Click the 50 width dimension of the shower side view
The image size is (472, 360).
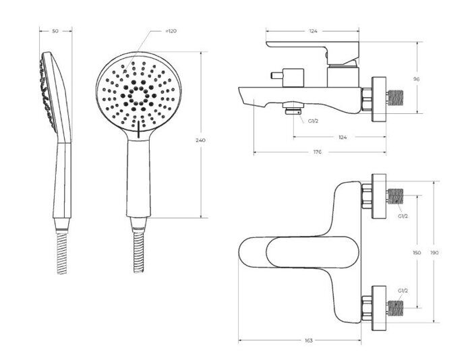(x=55, y=31)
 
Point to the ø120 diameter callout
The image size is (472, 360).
(x=171, y=31)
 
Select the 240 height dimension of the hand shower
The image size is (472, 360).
(x=200, y=140)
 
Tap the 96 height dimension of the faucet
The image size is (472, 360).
(x=417, y=79)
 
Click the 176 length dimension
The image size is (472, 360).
(x=318, y=152)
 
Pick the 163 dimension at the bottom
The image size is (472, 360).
(x=309, y=340)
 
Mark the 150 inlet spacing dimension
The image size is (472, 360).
(x=417, y=253)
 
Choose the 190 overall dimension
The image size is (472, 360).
(x=434, y=253)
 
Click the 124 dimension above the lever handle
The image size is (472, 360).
(x=314, y=31)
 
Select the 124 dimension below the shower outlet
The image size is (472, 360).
(x=343, y=138)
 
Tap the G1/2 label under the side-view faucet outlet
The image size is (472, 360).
(x=313, y=121)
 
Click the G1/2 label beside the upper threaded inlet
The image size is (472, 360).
(x=403, y=216)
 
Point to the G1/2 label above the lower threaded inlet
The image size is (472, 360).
(x=403, y=291)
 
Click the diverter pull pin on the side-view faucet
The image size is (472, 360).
(x=277, y=76)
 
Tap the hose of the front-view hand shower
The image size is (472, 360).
(x=139, y=252)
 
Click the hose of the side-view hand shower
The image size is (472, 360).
(x=62, y=253)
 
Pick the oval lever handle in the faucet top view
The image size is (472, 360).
(x=313, y=252)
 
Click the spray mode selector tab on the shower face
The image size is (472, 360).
(x=138, y=129)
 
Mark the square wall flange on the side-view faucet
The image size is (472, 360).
(x=379, y=99)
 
